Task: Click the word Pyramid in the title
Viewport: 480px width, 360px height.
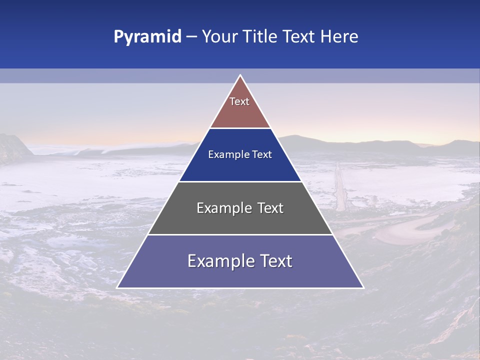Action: [x=147, y=37]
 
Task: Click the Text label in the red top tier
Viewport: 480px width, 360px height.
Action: [x=239, y=101]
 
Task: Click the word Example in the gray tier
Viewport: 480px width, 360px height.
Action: [x=222, y=208]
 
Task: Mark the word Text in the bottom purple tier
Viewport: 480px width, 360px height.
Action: [x=275, y=261]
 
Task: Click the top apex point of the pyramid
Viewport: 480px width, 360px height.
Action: [x=240, y=75]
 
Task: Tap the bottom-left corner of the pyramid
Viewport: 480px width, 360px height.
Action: [x=117, y=287]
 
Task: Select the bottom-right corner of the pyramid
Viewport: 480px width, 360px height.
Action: [x=363, y=287]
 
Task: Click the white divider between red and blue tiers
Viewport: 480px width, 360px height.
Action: [x=240, y=128]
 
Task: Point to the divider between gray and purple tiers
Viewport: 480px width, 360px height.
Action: [x=240, y=234]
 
